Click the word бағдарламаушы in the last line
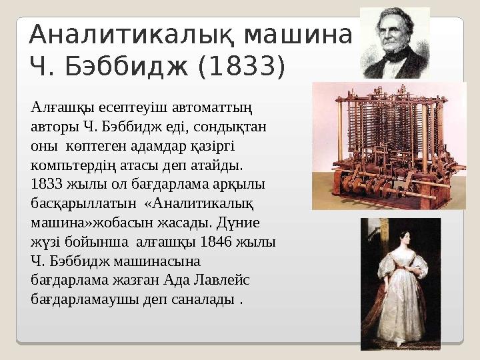83,299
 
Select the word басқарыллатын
83,202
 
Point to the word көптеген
95,144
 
